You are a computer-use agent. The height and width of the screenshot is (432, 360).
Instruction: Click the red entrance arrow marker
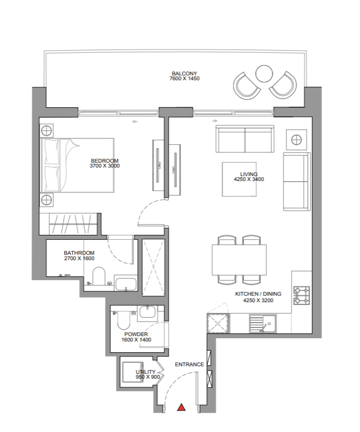pos(181,407)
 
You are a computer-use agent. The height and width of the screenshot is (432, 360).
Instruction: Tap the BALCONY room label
pos(184,74)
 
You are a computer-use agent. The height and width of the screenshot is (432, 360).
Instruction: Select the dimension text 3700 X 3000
pos(105,166)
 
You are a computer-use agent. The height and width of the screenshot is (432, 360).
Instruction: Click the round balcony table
pos(264,74)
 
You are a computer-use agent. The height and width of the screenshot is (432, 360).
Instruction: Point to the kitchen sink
pos(262,323)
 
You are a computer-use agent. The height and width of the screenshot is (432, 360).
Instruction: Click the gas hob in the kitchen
pos(302,295)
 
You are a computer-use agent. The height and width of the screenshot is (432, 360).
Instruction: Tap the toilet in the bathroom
pos(99,276)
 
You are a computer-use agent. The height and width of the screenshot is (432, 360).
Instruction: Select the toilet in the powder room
pos(124,319)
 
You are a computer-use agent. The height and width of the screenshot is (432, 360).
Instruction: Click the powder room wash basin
pos(148,312)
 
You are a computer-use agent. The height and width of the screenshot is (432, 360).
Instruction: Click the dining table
pos(239,260)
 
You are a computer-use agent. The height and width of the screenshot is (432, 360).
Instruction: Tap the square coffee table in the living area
pos(239,179)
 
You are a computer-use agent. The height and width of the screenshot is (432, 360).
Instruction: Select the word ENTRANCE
pos(189,365)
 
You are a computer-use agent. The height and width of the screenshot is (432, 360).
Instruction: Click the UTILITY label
pos(146,372)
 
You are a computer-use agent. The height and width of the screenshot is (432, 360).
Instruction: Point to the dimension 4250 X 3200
pos(258,301)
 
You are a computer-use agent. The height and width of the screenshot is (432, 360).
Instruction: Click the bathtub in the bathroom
pos(126,284)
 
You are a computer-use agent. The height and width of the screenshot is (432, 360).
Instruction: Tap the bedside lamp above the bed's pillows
pos(46,130)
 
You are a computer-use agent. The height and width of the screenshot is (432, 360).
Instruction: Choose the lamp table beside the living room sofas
pos(296,140)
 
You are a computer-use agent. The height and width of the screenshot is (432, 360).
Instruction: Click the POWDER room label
pos(136,335)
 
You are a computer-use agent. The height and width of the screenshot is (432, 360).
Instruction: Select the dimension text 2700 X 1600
pos(79,259)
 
